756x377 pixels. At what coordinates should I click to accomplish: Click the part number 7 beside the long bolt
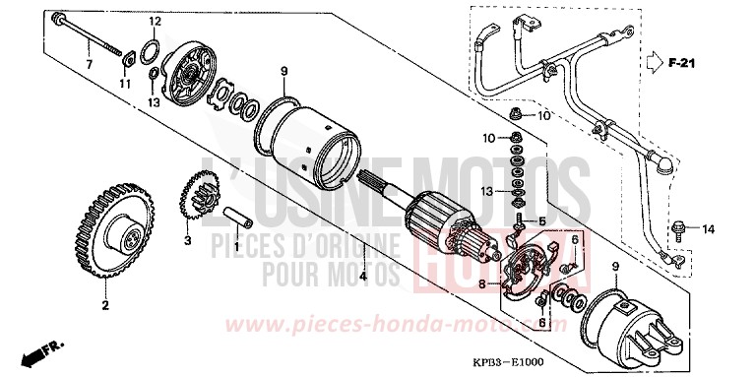87,64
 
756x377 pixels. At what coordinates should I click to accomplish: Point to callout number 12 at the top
154,21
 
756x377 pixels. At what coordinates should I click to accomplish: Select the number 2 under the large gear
102,306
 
